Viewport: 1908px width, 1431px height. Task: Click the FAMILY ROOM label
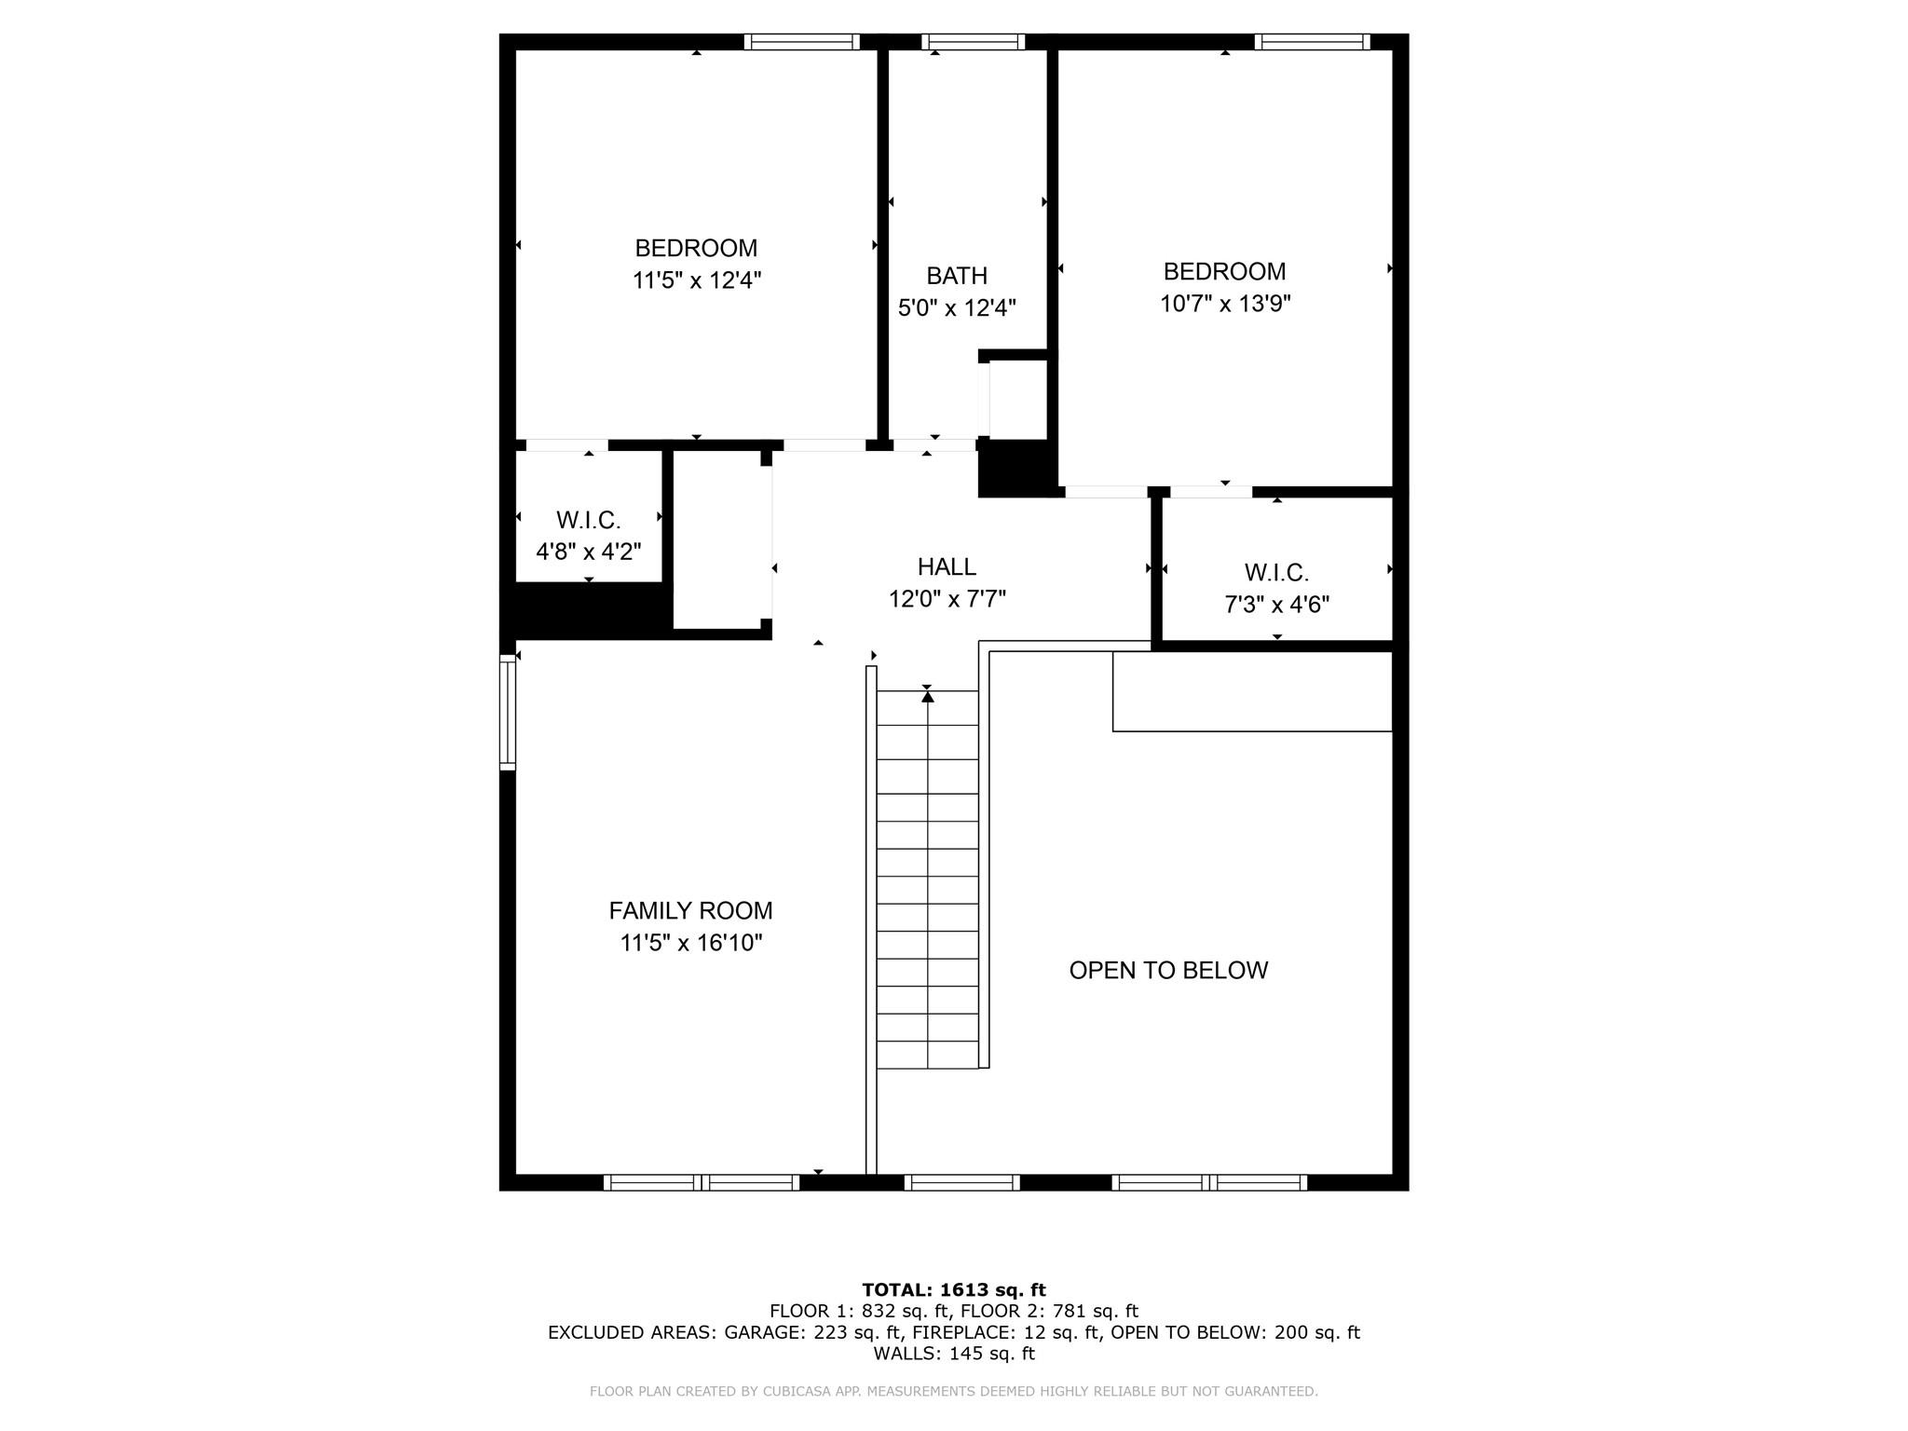690,910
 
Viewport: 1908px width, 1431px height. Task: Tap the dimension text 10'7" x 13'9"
1224,304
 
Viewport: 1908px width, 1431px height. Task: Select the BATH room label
957,276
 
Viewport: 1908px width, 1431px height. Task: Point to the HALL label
947,566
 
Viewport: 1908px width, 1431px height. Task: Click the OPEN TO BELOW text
1168,970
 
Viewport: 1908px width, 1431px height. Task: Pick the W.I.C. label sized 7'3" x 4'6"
1276,572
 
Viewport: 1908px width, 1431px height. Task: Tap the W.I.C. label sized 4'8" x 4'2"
589,520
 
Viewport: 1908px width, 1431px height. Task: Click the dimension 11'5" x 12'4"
697,280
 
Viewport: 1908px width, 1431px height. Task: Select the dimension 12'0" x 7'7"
947,598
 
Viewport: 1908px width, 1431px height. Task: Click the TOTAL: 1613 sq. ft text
954,1290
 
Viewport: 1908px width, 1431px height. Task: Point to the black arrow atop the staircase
927,695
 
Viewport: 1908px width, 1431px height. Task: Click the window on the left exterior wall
508,712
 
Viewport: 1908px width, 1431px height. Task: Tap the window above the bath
974,42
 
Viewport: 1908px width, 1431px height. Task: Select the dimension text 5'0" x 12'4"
957,307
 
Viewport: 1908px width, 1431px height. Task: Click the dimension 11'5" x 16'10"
691,943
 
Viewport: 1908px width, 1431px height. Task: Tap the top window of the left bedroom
801,42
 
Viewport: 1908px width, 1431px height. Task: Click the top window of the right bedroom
1312,42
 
